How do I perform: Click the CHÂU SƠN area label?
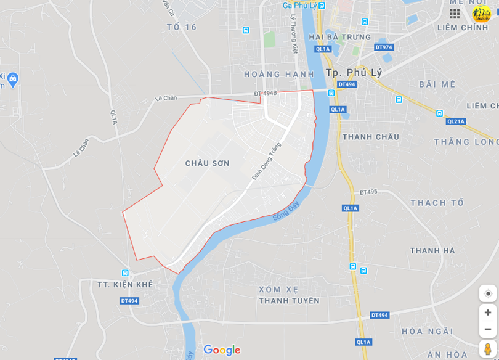207,163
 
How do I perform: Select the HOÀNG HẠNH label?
270,74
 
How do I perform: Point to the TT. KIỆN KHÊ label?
125,284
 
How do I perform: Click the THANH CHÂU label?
370,137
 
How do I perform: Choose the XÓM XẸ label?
278,289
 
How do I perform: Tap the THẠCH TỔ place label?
437,203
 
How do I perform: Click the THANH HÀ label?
432,250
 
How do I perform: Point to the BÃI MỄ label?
437,84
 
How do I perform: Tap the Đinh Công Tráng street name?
266,162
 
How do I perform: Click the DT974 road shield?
383,47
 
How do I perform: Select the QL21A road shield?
456,121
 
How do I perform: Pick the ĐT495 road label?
368,192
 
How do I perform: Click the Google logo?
222,350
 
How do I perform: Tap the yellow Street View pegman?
487,349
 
